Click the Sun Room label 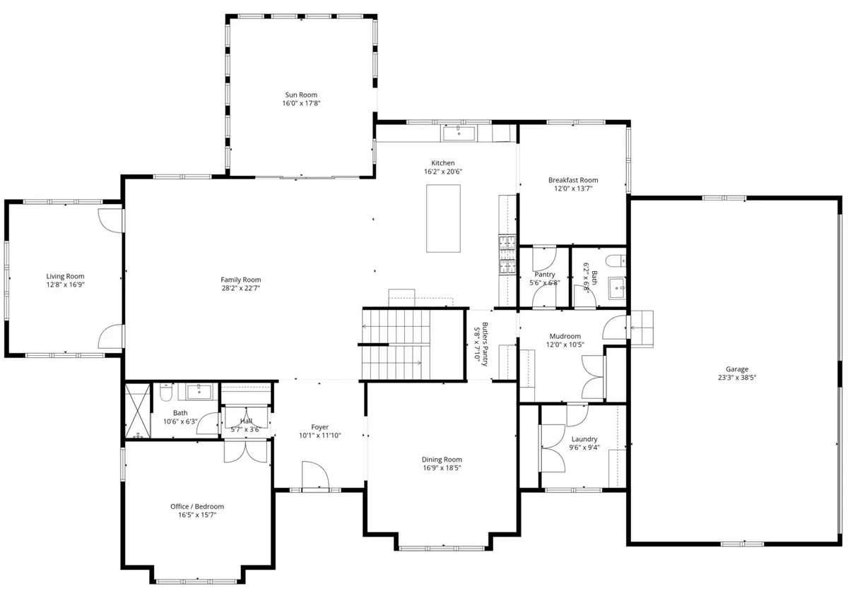[301, 95]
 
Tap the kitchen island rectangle [443, 218]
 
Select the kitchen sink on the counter [459, 133]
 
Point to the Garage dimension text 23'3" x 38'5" [736, 378]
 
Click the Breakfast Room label [573, 180]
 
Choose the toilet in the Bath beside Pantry [616, 260]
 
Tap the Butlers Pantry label [485, 344]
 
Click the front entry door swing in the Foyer [315, 475]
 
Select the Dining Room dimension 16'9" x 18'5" [442, 468]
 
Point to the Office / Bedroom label [197, 506]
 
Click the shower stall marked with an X [137, 411]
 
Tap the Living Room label [65, 277]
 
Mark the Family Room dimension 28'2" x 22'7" [241, 288]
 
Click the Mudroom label [565, 336]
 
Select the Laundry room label [584, 439]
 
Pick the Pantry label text [545, 275]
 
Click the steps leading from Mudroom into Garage [642, 329]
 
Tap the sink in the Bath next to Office [199, 392]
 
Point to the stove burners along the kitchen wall [507, 254]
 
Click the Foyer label [319, 427]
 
